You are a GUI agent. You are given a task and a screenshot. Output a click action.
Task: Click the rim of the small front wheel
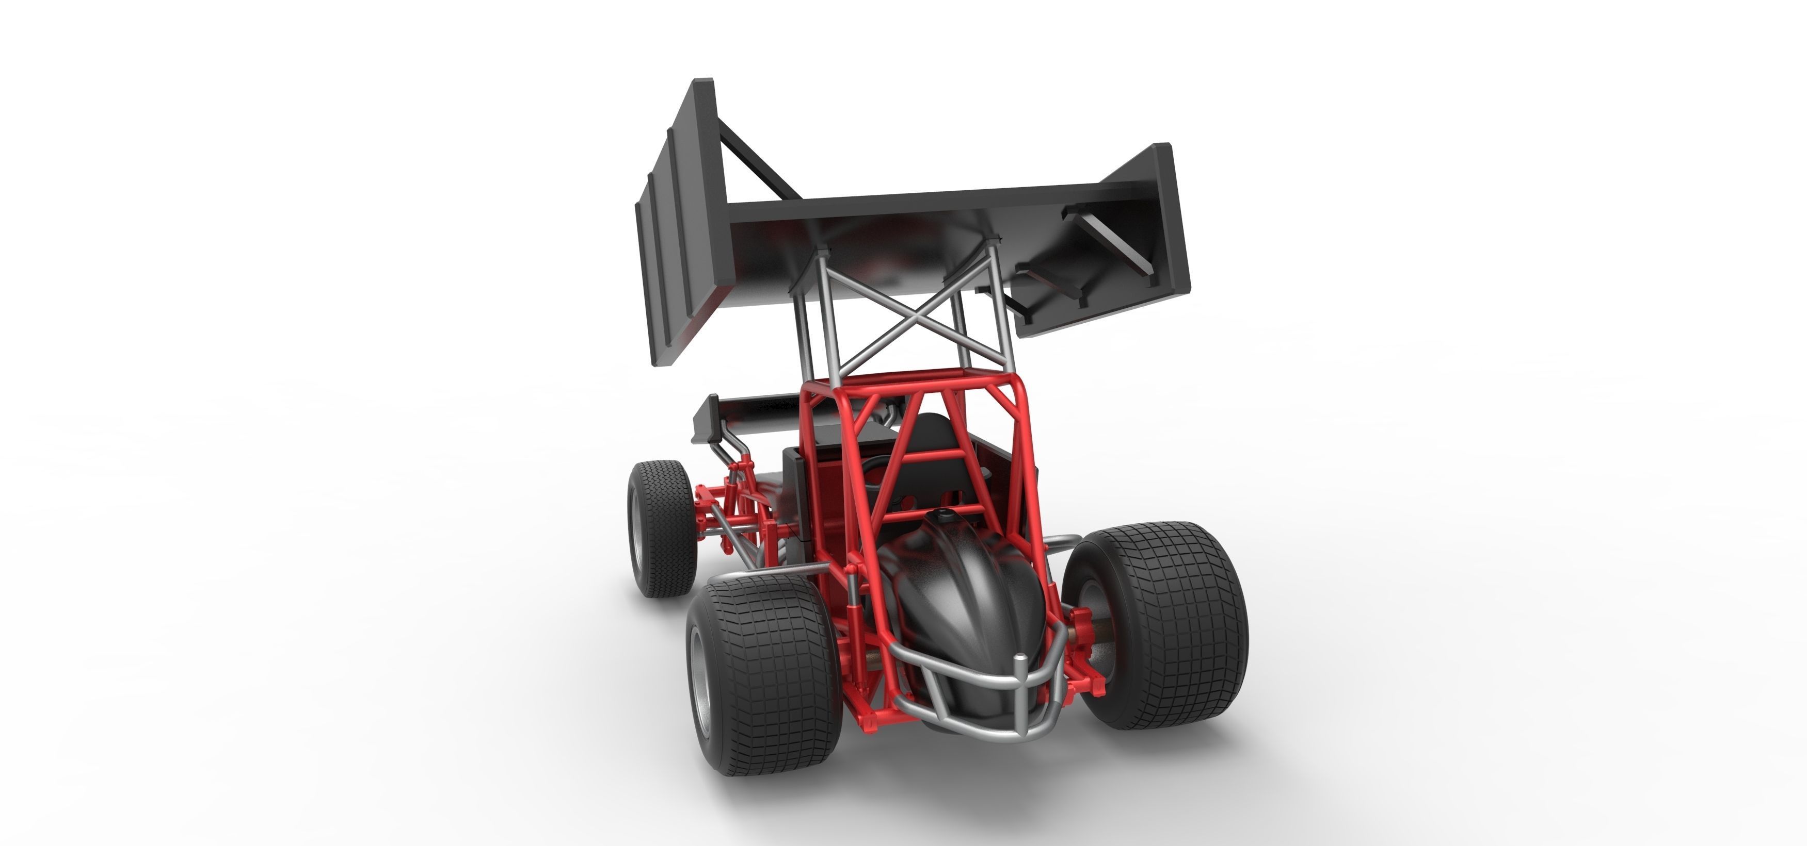(639, 533)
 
